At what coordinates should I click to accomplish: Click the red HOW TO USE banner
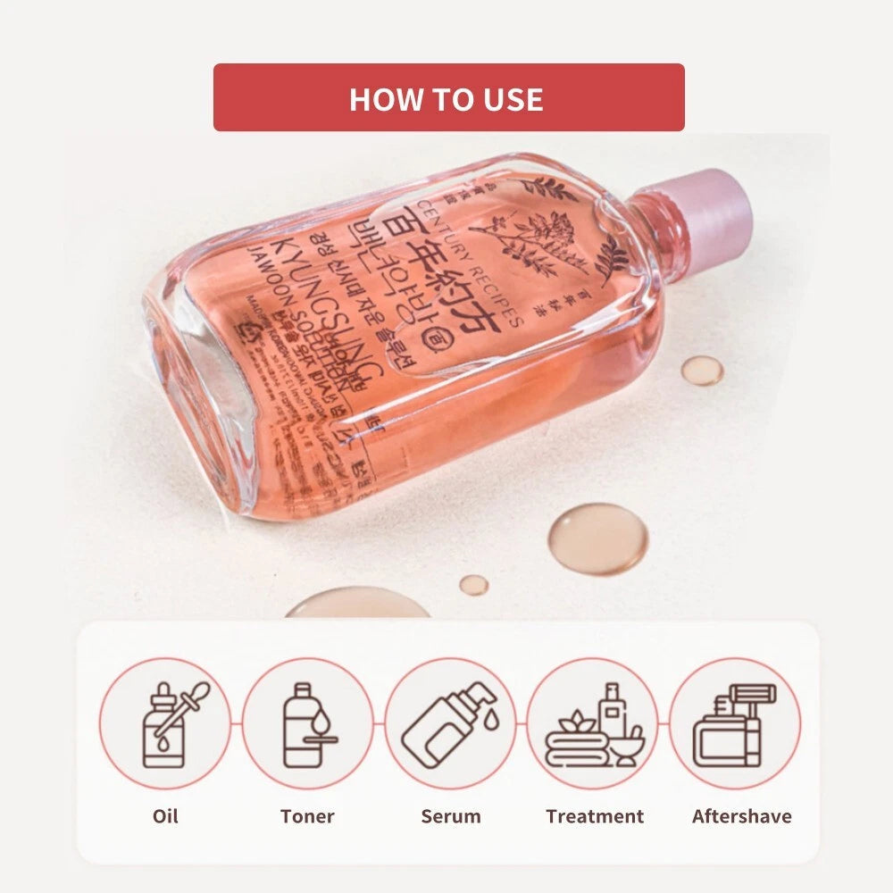coord(448,97)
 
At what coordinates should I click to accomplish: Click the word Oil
coord(164,816)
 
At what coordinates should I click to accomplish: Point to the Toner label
coord(307,816)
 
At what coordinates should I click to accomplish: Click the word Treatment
coord(594,816)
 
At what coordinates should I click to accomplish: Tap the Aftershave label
coord(741,816)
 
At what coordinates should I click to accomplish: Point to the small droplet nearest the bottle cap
coord(703,370)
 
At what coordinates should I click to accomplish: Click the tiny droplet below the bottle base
coord(473,584)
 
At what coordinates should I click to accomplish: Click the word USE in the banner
coord(510,98)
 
